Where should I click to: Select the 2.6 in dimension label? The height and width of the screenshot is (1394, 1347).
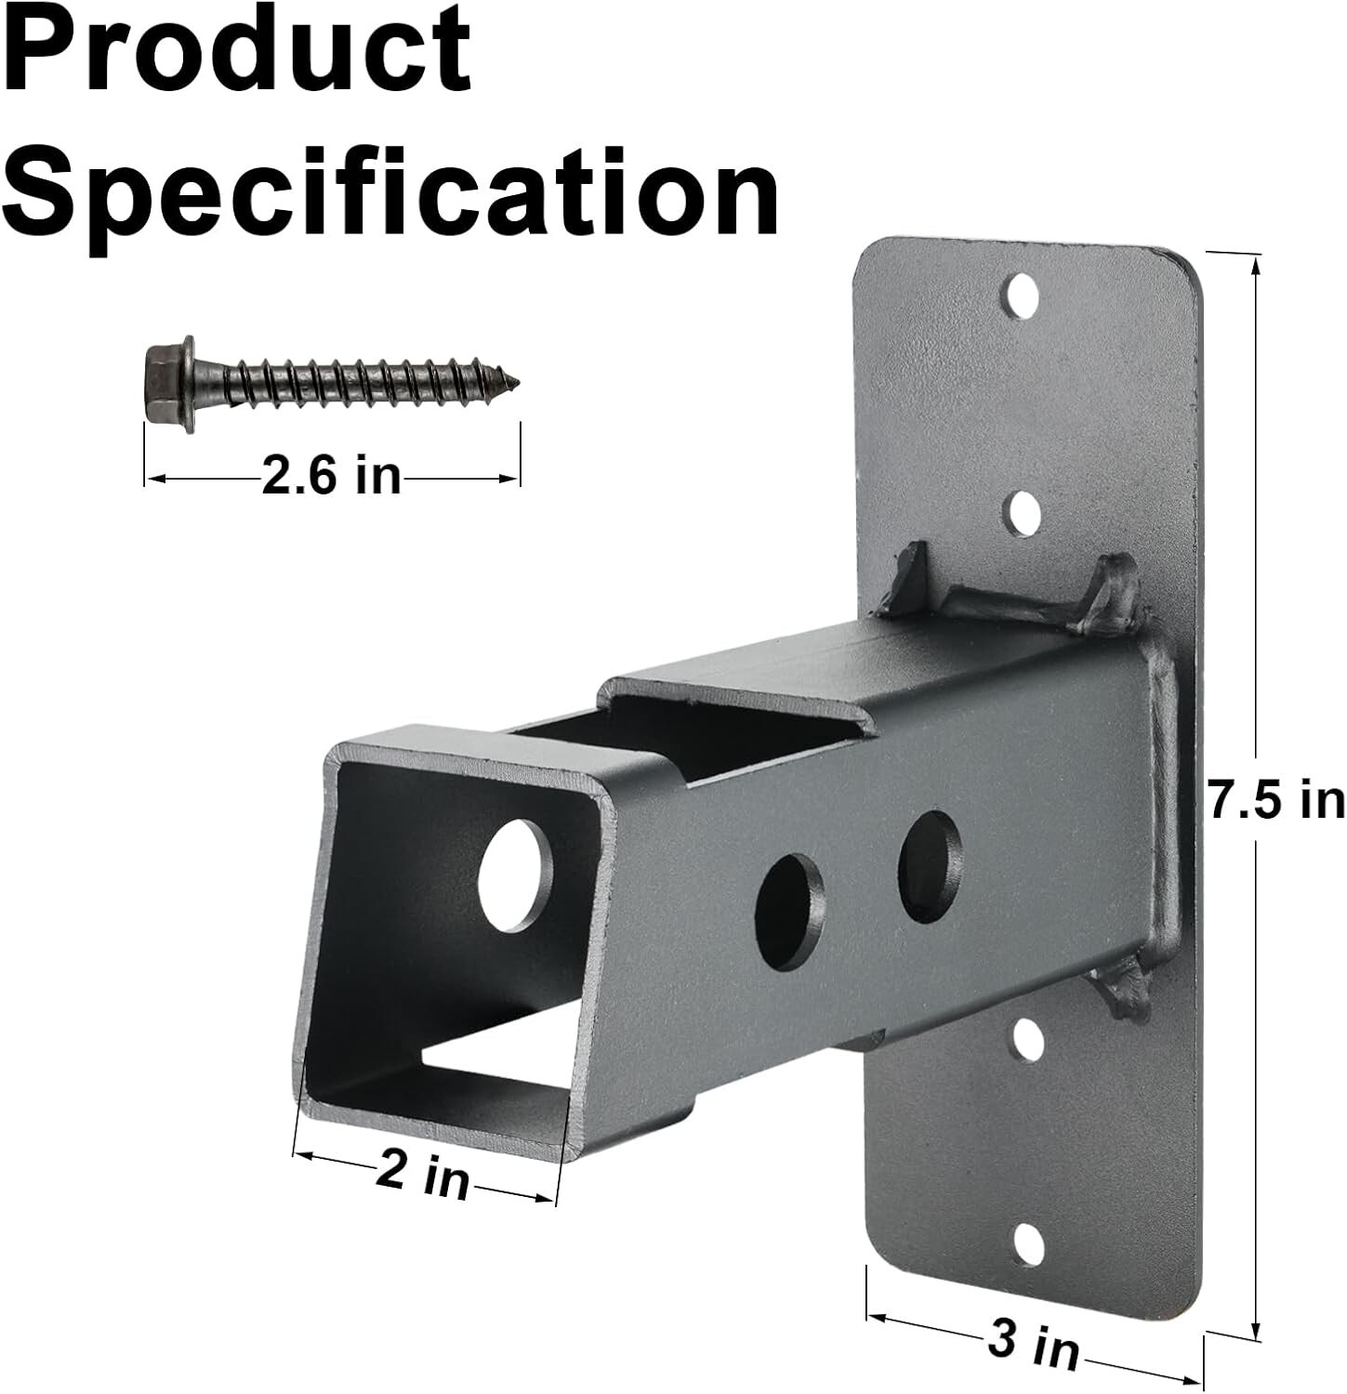tap(331, 477)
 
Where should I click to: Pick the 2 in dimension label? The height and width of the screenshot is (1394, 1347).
tap(423, 1174)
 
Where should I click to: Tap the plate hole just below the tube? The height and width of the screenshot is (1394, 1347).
tap(1026, 1040)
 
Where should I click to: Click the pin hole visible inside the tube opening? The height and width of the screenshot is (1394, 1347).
tap(514, 875)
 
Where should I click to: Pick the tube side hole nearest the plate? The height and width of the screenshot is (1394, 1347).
tap(930, 865)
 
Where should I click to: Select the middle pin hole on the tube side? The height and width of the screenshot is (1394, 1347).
tap(790, 911)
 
